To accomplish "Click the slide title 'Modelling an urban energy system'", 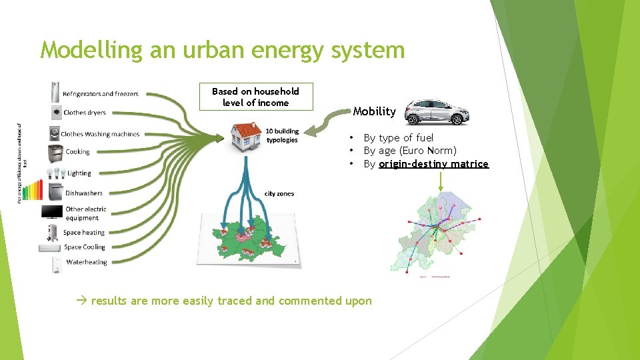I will tap(222, 50).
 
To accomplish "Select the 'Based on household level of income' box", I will tap(255, 97).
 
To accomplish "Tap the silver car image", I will tap(437, 113).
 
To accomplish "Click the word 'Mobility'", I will tap(374, 111).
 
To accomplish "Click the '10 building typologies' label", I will tap(282, 135).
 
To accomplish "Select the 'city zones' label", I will tap(279, 194).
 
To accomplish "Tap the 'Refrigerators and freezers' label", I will tap(101, 94).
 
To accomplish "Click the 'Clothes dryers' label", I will tap(85, 113).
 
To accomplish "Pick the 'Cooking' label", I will tap(77, 152).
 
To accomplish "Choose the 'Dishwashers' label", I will tap(84, 193).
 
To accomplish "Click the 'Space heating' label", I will tap(84, 233).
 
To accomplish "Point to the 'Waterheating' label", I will tap(86, 262).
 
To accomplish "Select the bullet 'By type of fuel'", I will tap(398, 138).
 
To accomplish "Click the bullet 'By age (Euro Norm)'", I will tap(409, 151).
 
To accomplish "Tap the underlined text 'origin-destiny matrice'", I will tap(433, 164).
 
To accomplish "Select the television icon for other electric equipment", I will tap(52, 213).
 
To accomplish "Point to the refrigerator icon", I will tap(55, 92).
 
